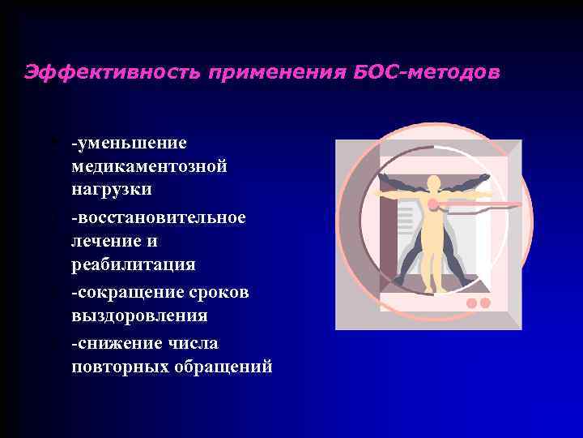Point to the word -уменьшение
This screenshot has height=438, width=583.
click(129, 144)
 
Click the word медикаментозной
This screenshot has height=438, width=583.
click(149, 166)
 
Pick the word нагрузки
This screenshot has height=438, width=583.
click(111, 188)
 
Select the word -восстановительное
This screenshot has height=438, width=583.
click(159, 217)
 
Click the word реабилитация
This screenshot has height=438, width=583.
click(133, 264)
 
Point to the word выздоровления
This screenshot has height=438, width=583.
click(139, 316)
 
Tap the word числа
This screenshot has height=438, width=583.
click(195, 343)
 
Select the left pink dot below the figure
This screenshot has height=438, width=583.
click(471, 303)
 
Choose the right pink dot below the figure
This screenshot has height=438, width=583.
click(485, 303)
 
